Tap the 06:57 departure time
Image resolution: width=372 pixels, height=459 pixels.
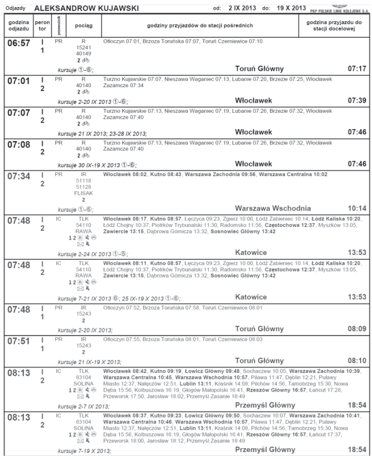(x=19, y=43)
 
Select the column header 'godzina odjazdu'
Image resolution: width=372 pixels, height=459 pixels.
(x=19, y=26)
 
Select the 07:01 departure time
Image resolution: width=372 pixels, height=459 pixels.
(x=19, y=81)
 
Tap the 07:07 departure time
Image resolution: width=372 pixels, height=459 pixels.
(x=19, y=113)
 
